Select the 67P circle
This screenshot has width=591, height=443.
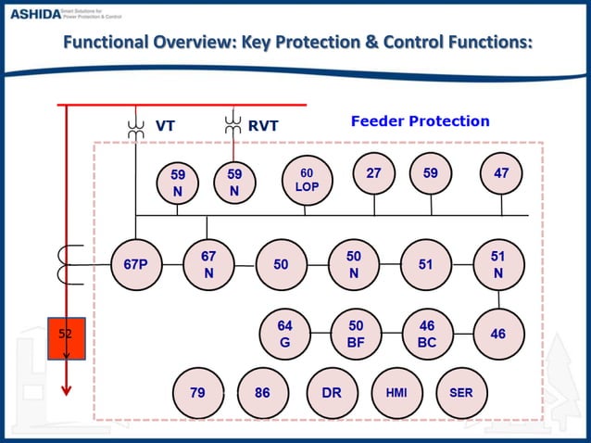(x=135, y=264)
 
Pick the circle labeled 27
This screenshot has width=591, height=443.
(x=374, y=172)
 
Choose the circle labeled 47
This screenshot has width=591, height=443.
(x=501, y=172)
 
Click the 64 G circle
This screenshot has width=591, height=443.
(x=285, y=334)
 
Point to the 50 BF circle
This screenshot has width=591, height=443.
(x=356, y=334)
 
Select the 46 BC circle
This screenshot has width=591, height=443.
(x=427, y=334)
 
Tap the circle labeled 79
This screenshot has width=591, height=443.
(x=197, y=392)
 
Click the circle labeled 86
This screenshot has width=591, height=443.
(x=262, y=392)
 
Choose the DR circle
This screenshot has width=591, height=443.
(x=332, y=392)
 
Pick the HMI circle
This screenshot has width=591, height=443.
(x=396, y=392)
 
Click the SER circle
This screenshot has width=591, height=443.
(x=460, y=392)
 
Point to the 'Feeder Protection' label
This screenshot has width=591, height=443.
(x=420, y=121)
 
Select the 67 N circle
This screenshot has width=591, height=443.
(x=208, y=264)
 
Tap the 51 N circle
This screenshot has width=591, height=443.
(x=498, y=264)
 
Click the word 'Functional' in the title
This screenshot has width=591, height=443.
(x=110, y=43)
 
